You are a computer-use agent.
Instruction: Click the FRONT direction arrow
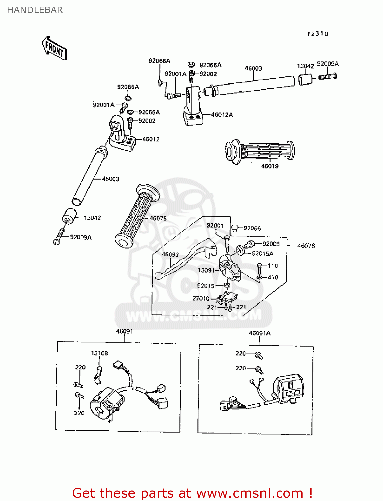point(54,49)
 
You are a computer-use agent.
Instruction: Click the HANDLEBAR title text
point(35,10)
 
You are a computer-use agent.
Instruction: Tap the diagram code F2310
point(318,34)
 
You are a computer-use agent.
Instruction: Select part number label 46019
point(270,166)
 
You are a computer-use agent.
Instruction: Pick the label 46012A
point(222,115)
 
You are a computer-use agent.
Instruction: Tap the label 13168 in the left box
point(99,353)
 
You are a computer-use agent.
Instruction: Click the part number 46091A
point(260,333)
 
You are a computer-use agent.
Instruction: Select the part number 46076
point(306,246)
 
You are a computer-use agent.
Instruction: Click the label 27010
point(201,298)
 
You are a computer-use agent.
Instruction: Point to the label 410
point(273,277)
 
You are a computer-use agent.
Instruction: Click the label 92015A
point(262,254)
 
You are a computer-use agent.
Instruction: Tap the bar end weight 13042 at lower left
point(69,216)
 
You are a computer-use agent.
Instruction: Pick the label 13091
point(206,270)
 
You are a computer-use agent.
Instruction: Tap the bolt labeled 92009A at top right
point(328,76)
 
